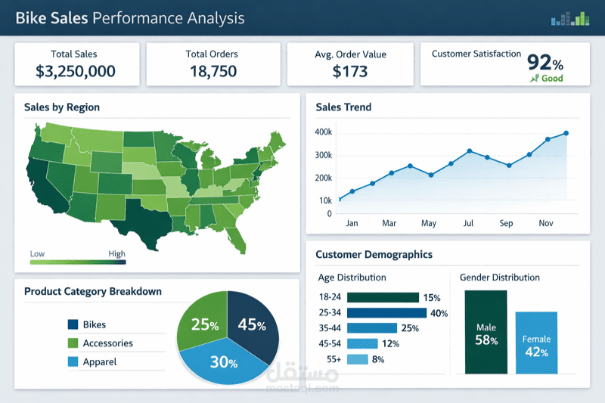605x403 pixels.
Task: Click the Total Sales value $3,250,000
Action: coord(75,72)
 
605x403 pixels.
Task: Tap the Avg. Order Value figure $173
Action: coord(350,72)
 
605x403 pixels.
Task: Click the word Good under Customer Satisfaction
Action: coord(552,78)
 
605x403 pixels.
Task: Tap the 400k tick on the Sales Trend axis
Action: coord(323,132)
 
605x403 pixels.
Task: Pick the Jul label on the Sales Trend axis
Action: coord(468,223)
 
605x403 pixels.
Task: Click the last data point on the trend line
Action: coord(566,133)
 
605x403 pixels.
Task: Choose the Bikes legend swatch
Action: coord(73,324)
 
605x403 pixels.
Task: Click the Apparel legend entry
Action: coord(99,361)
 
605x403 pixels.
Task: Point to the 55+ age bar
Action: coord(356,358)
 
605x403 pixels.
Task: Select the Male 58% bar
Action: coord(486,333)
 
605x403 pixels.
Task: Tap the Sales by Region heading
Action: coord(62,107)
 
